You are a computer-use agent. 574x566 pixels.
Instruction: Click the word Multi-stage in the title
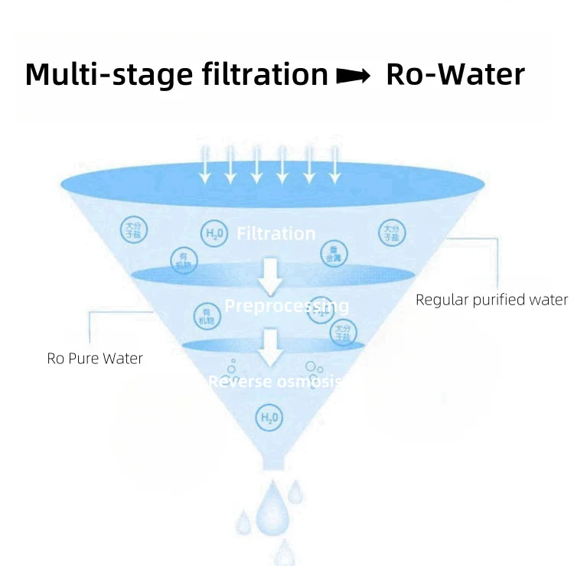click(x=100, y=75)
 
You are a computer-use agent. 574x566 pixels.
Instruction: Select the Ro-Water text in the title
click(x=456, y=75)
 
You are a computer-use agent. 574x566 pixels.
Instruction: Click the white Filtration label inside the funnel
click(x=276, y=233)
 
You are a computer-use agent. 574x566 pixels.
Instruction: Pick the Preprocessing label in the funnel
click(x=286, y=307)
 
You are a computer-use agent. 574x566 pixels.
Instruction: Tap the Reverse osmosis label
click(x=274, y=381)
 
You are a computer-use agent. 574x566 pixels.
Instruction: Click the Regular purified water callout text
click(x=491, y=300)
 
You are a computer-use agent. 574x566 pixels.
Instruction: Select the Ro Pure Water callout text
click(x=95, y=358)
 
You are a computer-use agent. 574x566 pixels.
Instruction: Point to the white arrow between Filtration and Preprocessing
click(x=269, y=277)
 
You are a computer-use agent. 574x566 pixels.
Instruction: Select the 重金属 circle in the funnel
click(x=334, y=254)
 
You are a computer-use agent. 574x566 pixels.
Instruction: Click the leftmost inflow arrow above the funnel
click(x=204, y=165)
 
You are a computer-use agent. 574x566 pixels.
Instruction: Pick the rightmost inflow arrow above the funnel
click(x=334, y=165)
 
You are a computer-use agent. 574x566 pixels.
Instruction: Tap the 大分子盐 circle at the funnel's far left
click(x=132, y=229)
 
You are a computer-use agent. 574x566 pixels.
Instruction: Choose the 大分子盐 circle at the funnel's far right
click(x=391, y=233)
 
